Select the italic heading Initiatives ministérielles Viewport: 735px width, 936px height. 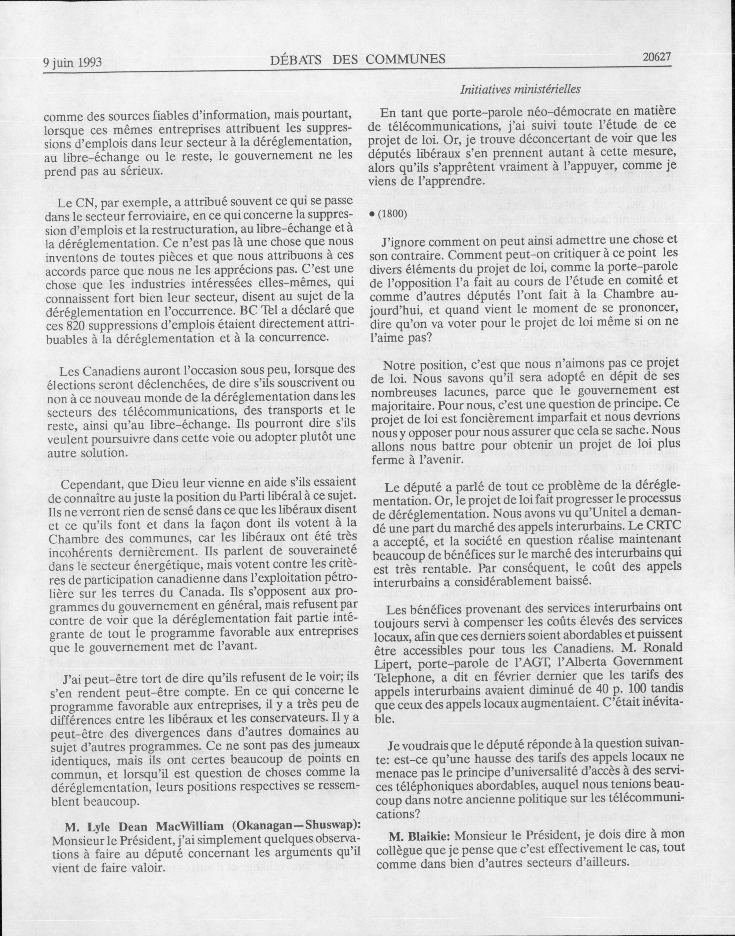click(x=521, y=90)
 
